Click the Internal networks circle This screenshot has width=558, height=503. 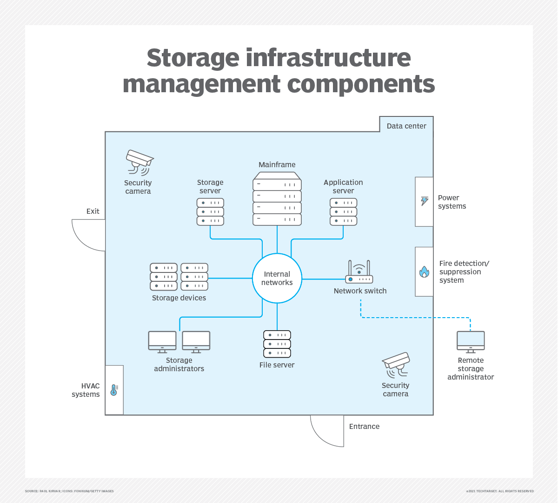(x=277, y=279)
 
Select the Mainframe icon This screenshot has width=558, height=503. (x=277, y=199)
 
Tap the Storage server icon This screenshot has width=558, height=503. (x=210, y=212)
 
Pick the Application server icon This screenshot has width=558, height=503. (x=343, y=212)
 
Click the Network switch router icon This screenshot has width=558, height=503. (x=359, y=272)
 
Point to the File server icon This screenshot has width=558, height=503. (x=277, y=344)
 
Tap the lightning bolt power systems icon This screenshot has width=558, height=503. (x=425, y=201)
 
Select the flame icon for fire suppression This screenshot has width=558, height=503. (x=424, y=272)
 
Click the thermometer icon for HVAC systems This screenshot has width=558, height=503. (x=114, y=390)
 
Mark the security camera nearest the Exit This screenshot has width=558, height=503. (x=139, y=162)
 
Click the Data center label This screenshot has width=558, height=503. (x=406, y=126)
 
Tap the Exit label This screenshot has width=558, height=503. (x=93, y=211)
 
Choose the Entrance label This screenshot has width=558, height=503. (x=364, y=427)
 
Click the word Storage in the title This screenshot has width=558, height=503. (x=193, y=58)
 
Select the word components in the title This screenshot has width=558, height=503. (x=361, y=84)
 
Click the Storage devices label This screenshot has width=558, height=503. (x=179, y=298)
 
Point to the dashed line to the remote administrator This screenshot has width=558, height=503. (x=414, y=318)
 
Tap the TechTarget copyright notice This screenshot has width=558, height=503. (x=499, y=491)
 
